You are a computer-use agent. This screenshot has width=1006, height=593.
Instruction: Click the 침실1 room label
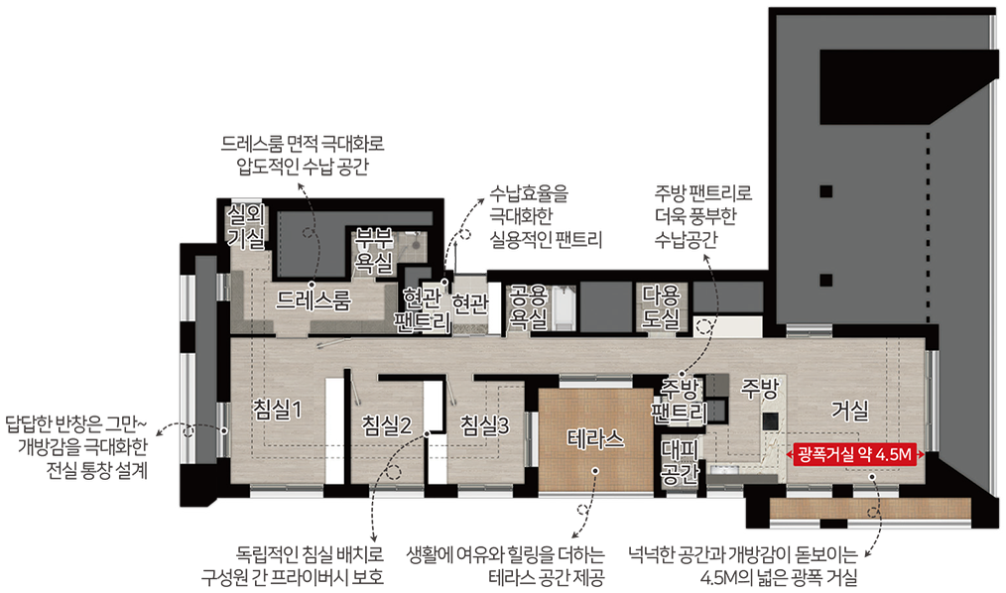pyautogui.click(x=277, y=409)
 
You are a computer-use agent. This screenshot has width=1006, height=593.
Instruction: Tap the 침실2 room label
pyautogui.click(x=386, y=425)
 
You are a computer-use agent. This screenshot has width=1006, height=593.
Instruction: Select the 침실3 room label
pyautogui.click(x=485, y=425)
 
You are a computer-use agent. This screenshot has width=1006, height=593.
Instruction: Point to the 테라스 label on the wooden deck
pyautogui.click(x=595, y=439)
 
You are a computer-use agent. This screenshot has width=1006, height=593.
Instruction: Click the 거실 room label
pyautogui.click(x=850, y=411)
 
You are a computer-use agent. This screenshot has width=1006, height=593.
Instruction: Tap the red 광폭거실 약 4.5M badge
pyautogui.click(x=855, y=455)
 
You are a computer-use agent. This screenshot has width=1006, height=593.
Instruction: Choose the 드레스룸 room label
pyautogui.click(x=314, y=300)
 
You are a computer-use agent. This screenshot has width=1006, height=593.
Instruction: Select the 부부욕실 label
pyautogui.click(x=374, y=250)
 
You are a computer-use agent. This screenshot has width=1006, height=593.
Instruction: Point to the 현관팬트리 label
pyautogui.click(x=423, y=309)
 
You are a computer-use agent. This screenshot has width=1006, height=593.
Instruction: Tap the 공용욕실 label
pyautogui.click(x=528, y=307)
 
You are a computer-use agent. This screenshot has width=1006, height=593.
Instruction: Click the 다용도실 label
pyautogui.click(x=662, y=306)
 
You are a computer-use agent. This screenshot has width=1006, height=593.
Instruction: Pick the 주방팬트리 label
pyautogui.click(x=680, y=400)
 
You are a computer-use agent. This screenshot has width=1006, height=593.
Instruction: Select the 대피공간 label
pyautogui.click(x=680, y=461)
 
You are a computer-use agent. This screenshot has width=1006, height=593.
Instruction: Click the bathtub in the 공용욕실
pyautogui.click(x=564, y=309)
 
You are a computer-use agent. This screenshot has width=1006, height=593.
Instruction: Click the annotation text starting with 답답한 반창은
pyautogui.click(x=77, y=447)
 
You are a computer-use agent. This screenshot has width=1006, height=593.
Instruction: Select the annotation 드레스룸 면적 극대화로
pyautogui.click(x=303, y=155)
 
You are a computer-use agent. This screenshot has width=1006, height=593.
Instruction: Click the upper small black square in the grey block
pyautogui.click(x=826, y=191)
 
